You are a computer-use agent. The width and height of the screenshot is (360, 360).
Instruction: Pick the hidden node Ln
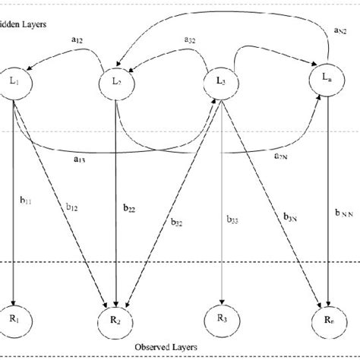coord(327,79)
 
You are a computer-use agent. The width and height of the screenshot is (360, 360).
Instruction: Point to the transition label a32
coord(191,39)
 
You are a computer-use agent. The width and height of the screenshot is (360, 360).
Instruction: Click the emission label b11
coord(27,201)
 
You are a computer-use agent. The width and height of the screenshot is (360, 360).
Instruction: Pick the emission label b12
coord(73,207)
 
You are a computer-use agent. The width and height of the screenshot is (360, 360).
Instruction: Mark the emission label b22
coord(128,206)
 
